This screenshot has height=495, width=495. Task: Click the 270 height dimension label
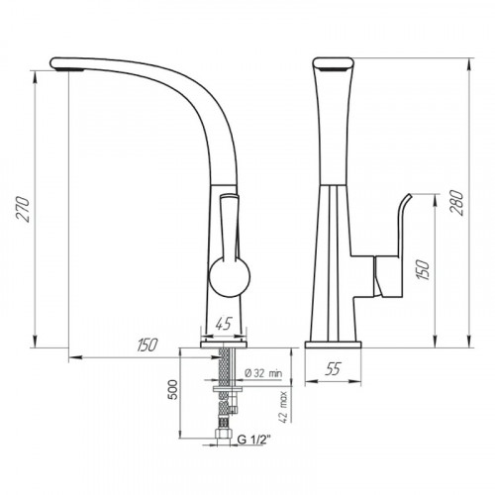click(x=23, y=209)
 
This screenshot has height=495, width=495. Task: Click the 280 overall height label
click(x=457, y=202)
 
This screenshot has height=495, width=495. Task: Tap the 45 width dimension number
click(x=224, y=324)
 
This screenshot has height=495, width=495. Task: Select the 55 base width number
click(x=333, y=368)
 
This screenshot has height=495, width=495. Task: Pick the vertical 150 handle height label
click(x=423, y=270)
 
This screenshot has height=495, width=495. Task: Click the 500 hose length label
click(x=173, y=389)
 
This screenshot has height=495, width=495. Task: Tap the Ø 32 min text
click(x=263, y=373)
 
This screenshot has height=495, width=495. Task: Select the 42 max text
click(x=284, y=407)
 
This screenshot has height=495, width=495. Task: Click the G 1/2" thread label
click(x=253, y=440)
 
